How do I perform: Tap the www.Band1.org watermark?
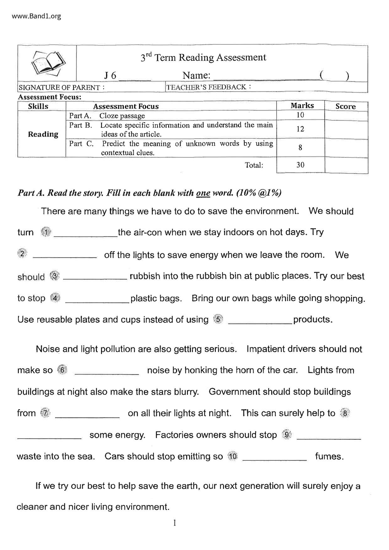click(36, 16)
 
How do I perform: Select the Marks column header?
click(302, 106)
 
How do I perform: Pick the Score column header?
click(345, 106)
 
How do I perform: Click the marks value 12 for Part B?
click(300, 129)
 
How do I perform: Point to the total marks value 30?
click(300, 165)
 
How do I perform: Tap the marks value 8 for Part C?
click(300, 147)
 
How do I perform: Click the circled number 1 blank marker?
click(46, 232)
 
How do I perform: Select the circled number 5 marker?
click(218, 320)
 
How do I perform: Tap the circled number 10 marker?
click(233, 456)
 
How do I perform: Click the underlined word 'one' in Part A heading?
click(203, 193)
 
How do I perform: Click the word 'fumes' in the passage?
click(329, 456)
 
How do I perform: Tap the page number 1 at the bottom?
click(174, 523)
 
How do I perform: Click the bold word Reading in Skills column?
click(43, 134)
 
